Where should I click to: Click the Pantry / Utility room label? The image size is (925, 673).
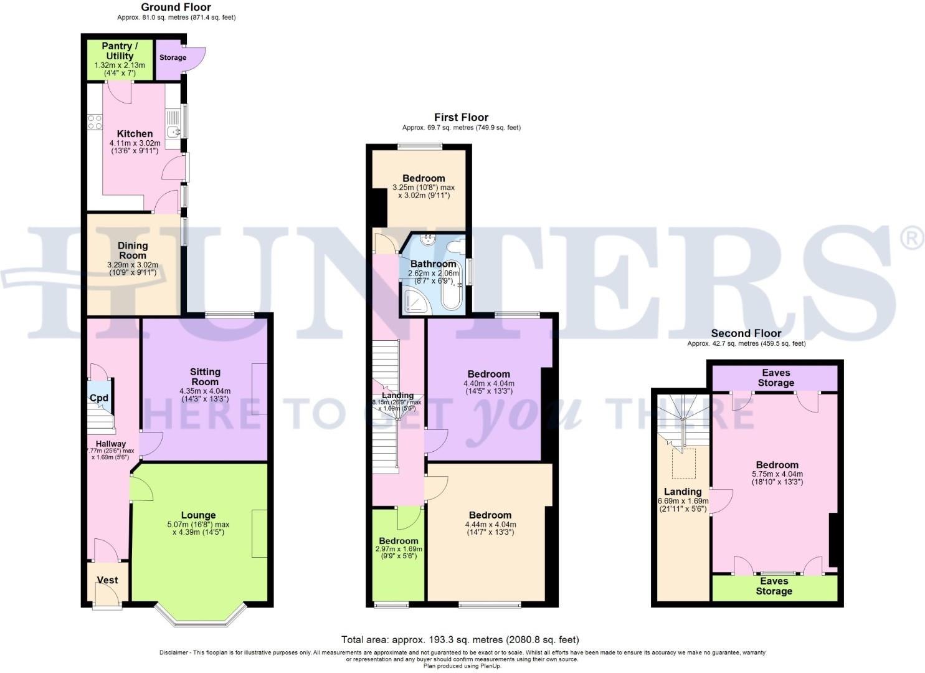[x=119, y=51]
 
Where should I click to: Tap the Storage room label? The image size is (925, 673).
[x=173, y=57]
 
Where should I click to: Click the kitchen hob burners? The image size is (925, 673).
[x=95, y=122]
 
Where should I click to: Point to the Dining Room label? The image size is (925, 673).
[x=133, y=251]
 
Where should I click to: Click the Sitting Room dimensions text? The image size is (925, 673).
[x=205, y=395]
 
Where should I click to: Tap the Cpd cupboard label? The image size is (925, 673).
[x=99, y=398]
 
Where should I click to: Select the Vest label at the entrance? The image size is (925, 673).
[x=107, y=580]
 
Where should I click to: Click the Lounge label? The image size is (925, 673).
[x=198, y=515]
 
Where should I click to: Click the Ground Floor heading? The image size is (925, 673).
[x=176, y=7]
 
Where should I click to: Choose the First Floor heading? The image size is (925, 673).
[x=461, y=117]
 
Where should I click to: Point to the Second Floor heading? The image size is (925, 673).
[x=746, y=333]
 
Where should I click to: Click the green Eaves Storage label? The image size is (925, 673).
[x=774, y=586]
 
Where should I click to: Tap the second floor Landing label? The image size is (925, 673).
[x=683, y=492]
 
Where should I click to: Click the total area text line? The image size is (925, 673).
[x=460, y=639]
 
